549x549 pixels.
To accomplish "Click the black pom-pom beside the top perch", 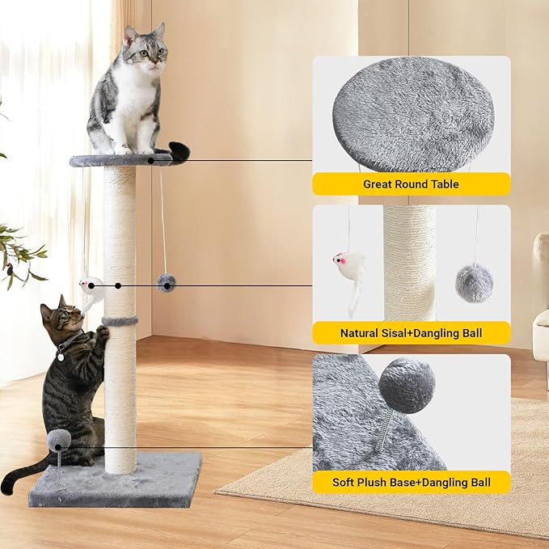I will point(180,150).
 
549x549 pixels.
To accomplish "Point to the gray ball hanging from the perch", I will point(167,282).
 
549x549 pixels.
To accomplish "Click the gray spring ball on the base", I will point(57,441).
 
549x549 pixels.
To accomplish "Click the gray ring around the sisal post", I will point(120,322).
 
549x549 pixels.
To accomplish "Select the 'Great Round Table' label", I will point(411,184).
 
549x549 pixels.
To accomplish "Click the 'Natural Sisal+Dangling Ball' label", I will point(411,332).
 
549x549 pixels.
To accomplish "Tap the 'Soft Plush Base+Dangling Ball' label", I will point(411,483).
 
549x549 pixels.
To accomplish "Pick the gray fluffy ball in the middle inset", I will point(474,282).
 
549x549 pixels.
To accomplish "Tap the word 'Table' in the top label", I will point(443,184).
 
